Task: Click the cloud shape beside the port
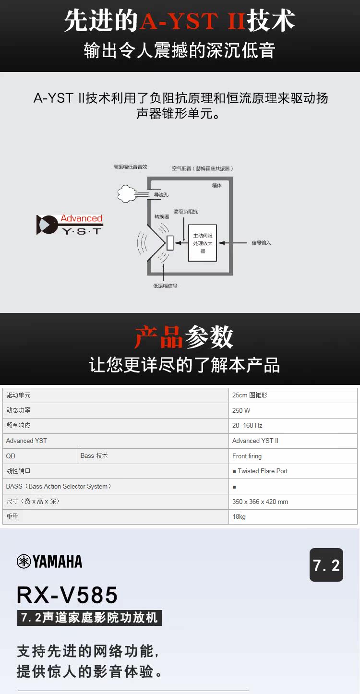tap(128, 194)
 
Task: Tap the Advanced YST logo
tap(70, 224)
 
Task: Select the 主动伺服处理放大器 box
tap(202, 242)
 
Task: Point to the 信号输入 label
tap(261, 243)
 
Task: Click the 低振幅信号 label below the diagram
tap(165, 286)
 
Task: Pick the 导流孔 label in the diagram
tap(161, 195)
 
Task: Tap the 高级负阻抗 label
tap(185, 212)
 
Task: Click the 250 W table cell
tap(241, 410)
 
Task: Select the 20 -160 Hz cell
tap(247, 426)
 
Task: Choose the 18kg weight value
tap(239, 517)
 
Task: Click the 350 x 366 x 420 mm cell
tap(260, 502)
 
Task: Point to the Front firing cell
tap(247, 456)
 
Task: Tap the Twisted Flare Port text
tap(263, 471)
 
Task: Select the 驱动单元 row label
tap(18, 395)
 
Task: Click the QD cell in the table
tap(11, 456)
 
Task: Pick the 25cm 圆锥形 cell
tap(250, 395)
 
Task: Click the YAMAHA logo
tap(49, 562)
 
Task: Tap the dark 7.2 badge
tap(326, 565)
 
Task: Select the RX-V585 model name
tap(67, 595)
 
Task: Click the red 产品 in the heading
tap(158, 337)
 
